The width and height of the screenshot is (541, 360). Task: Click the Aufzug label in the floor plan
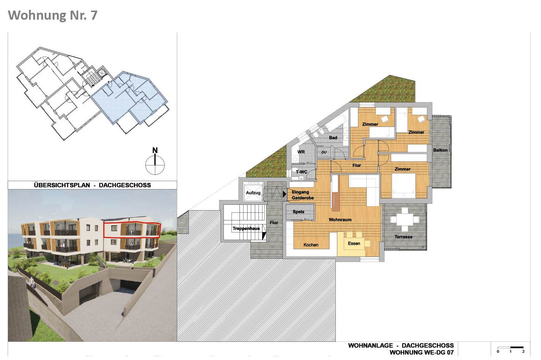pyautogui.click(x=253, y=193)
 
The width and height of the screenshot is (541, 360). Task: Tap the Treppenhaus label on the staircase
pyautogui.click(x=246, y=228)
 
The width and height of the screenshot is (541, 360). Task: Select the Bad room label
pyautogui.click(x=333, y=138)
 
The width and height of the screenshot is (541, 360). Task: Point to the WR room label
pyautogui.click(x=301, y=152)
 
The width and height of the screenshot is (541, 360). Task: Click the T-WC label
pyautogui.click(x=301, y=172)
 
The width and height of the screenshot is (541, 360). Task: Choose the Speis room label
pyautogui.click(x=299, y=211)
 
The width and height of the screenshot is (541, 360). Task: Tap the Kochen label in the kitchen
pyautogui.click(x=311, y=245)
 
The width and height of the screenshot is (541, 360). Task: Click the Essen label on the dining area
pyautogui.click(x=354, y=243)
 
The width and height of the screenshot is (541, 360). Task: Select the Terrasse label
pyautogui.click(x=403, y=237)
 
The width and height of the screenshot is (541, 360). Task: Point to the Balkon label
pyautogui.click(x=440, y=150)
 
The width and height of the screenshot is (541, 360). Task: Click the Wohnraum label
pyautogui.click(x=340, y=220)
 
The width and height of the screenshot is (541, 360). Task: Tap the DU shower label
pyautogui.click(x=324, y=152)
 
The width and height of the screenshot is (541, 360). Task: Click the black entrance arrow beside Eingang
pyautogui.click(x=284, y=193)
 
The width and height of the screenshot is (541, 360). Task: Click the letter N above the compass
pyautogui.click(x=155, y=150)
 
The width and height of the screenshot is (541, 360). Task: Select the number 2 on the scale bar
pyautogui.click(x=524, y=352)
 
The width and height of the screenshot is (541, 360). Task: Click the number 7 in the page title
pyautogui.click(x=94, y=15)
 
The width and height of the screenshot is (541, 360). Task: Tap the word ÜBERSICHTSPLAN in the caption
pyautogui.click(x=62, y=185)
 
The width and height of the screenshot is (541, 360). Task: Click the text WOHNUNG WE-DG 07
pyautogui.click(x=422, y=352)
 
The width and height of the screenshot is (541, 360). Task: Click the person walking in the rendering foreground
pyautogui.click(x=32, y=282)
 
